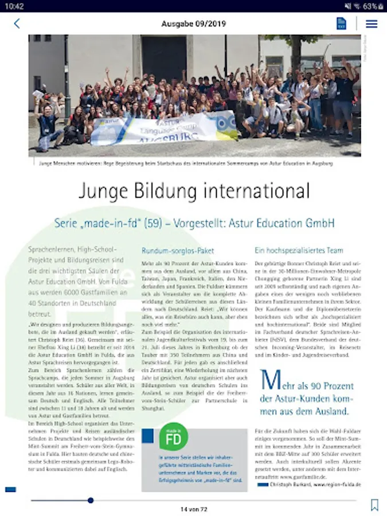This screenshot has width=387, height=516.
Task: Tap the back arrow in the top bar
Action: coord(17,24)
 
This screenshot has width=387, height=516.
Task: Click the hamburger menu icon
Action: coord(372,24)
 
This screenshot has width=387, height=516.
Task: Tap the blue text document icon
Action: coord(342,24)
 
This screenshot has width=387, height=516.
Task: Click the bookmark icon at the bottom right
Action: coord(374,505)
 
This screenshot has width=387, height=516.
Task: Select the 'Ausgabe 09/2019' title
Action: coord(193,24)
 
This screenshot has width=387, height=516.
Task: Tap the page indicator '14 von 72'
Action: coord(193,509)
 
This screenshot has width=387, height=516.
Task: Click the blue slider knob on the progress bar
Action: coord(91,501)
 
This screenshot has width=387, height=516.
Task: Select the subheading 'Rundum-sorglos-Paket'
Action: coord(171,251)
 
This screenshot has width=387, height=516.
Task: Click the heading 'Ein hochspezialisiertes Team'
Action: coord(299,251)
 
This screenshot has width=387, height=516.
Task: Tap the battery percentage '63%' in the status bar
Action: coord(370,6)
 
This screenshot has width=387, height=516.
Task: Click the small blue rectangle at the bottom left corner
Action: coord(10,489)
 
